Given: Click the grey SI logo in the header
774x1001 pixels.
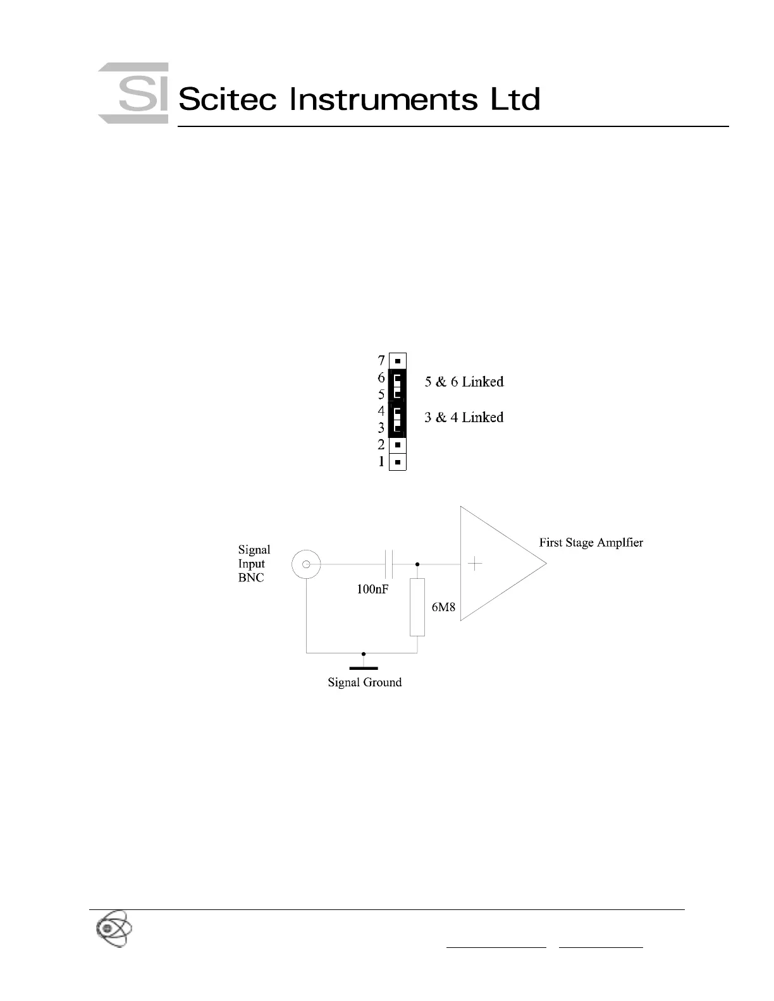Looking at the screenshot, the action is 133,93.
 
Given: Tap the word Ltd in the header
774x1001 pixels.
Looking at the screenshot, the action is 516,99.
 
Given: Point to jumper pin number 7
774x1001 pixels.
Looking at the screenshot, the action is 397,361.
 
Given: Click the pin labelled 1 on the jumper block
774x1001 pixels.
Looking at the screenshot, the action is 397,462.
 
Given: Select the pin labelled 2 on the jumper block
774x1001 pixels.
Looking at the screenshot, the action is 397,445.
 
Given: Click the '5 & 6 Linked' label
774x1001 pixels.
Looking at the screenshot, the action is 464,382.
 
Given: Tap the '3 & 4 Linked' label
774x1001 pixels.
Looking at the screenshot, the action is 464,417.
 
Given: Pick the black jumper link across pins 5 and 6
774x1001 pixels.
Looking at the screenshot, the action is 397,385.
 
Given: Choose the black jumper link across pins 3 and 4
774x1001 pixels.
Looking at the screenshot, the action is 397,420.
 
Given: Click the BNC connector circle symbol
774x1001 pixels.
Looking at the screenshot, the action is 306,564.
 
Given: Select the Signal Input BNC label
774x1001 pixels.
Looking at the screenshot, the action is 254,564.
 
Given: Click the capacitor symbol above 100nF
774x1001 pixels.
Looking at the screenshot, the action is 389,564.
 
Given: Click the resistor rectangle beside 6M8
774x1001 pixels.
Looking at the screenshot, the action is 417,607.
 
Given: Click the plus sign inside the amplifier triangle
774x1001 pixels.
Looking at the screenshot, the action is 475,564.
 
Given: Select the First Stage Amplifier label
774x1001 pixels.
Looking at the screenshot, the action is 591,542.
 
